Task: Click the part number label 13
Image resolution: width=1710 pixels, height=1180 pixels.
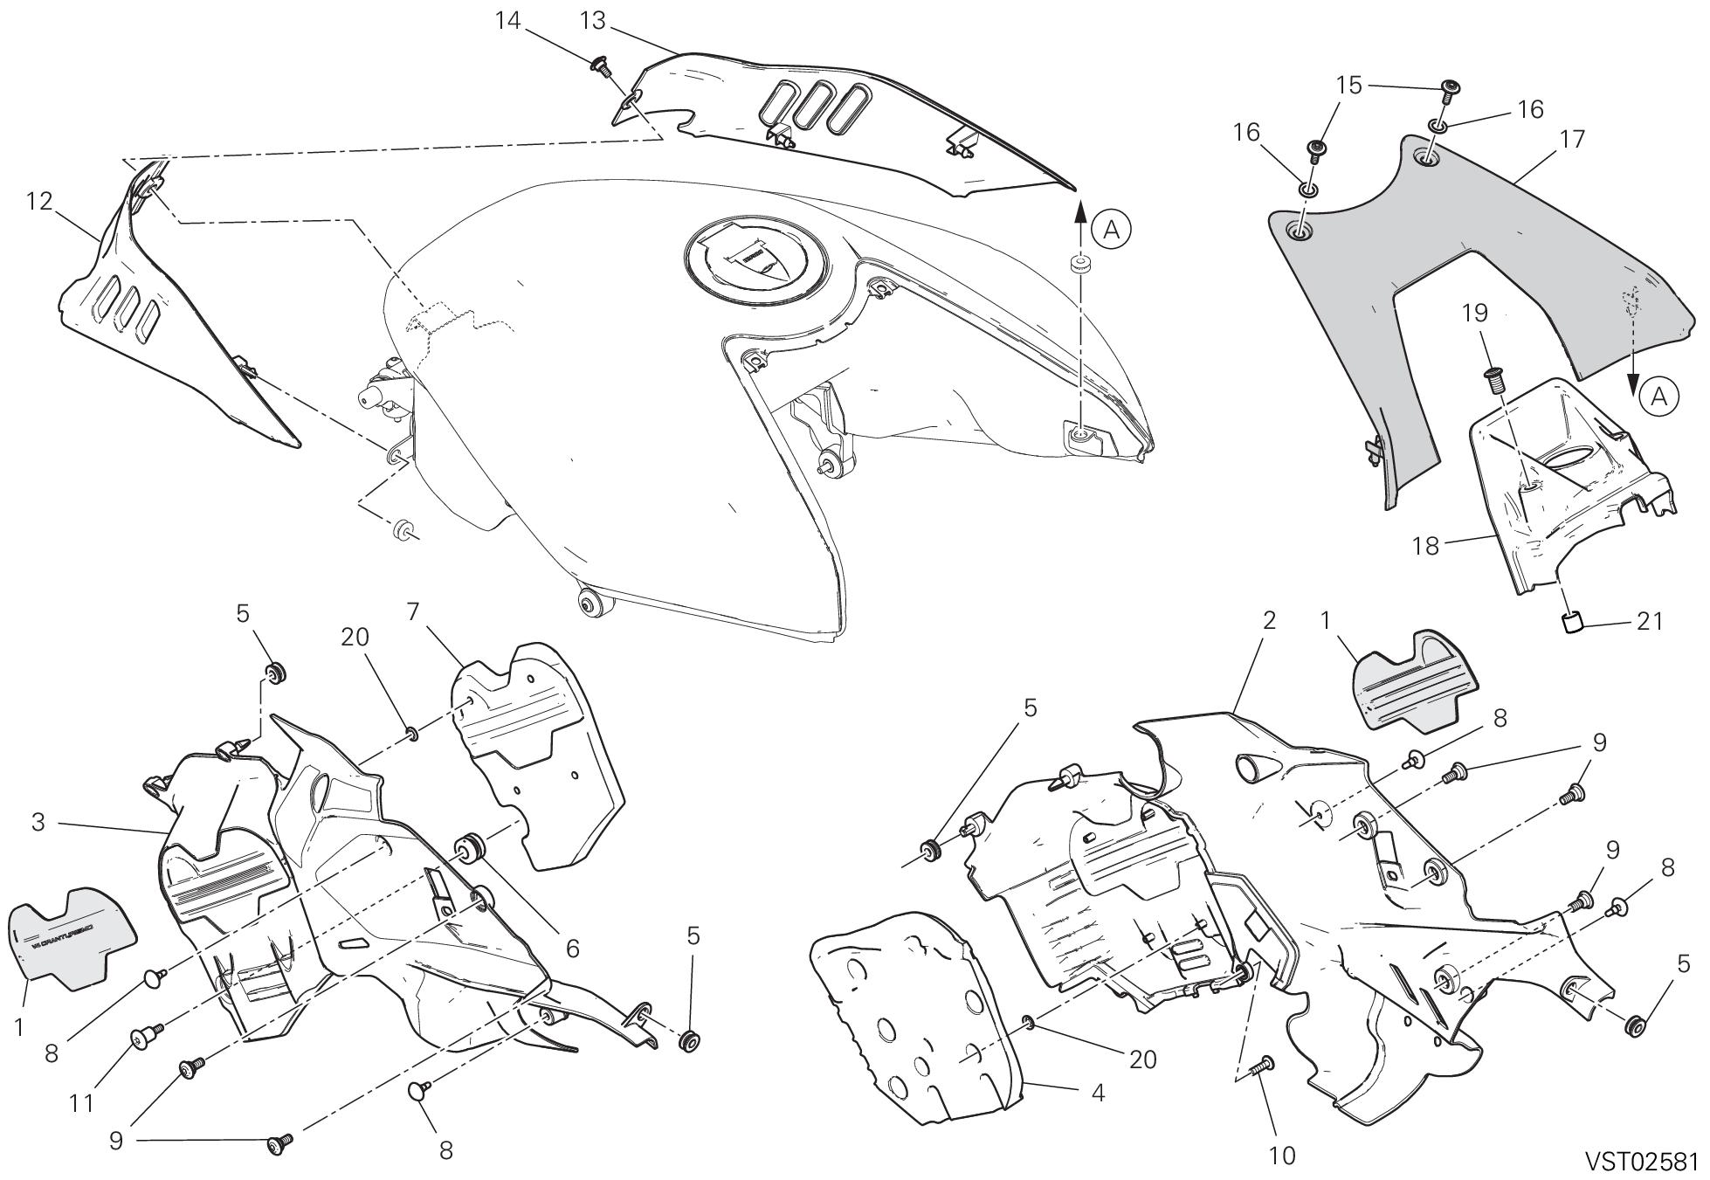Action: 592,21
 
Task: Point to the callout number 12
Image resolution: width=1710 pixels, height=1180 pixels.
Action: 39,202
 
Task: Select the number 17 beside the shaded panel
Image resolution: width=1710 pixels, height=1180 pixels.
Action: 1571,140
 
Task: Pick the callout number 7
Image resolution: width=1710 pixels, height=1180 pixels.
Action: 414,611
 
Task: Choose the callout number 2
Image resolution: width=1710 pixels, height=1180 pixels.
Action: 1269,620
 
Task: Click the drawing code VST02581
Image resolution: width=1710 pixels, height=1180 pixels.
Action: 1642,1161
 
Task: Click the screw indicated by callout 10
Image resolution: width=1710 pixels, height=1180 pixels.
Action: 1264,1066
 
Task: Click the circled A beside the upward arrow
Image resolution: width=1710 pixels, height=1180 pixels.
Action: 1111,229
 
